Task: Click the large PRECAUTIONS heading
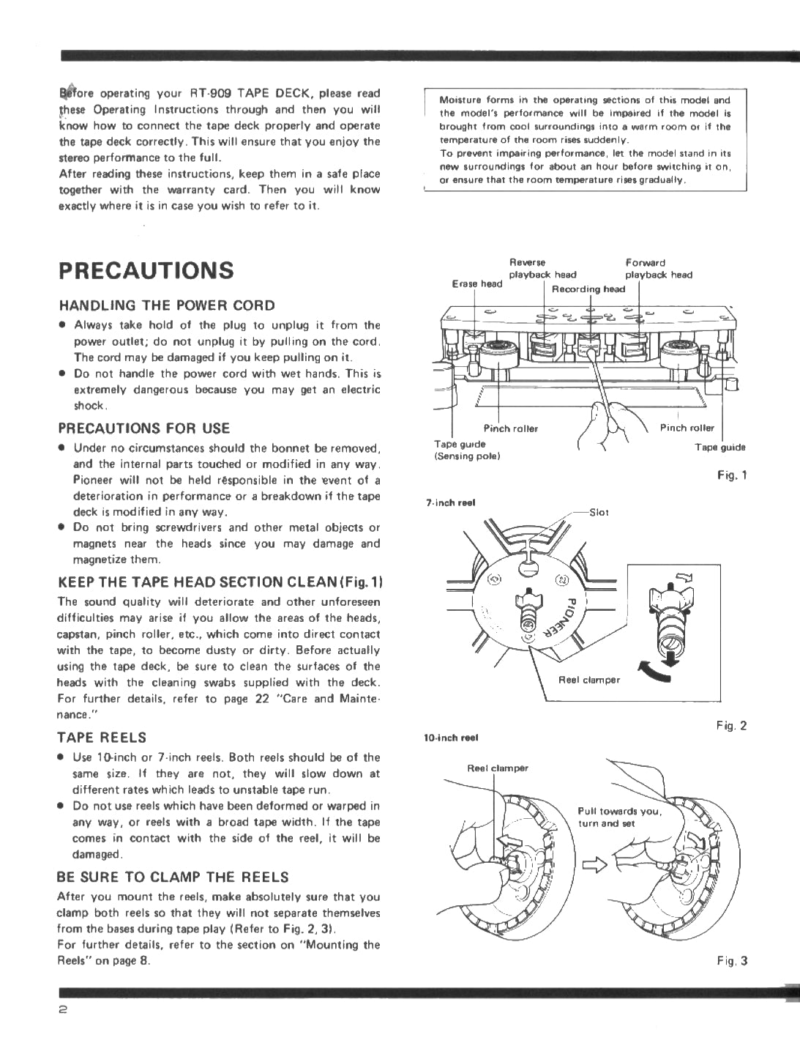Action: tap(146, 270)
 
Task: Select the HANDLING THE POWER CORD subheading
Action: tap(167, 305)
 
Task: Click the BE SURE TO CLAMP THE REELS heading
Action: tap(173, 877)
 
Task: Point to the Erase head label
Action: tap(476, 283)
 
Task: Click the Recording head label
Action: tap(588, 289)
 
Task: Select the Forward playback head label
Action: tap(657, 269)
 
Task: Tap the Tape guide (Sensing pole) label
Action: tap(466, 450)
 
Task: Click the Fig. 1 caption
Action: tap(732, 475)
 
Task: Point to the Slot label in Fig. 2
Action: tap(599, 513)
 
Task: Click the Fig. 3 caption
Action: tap(732, 961)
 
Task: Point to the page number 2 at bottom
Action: tap(64, 1010)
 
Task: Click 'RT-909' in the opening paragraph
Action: tap(212, 93)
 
